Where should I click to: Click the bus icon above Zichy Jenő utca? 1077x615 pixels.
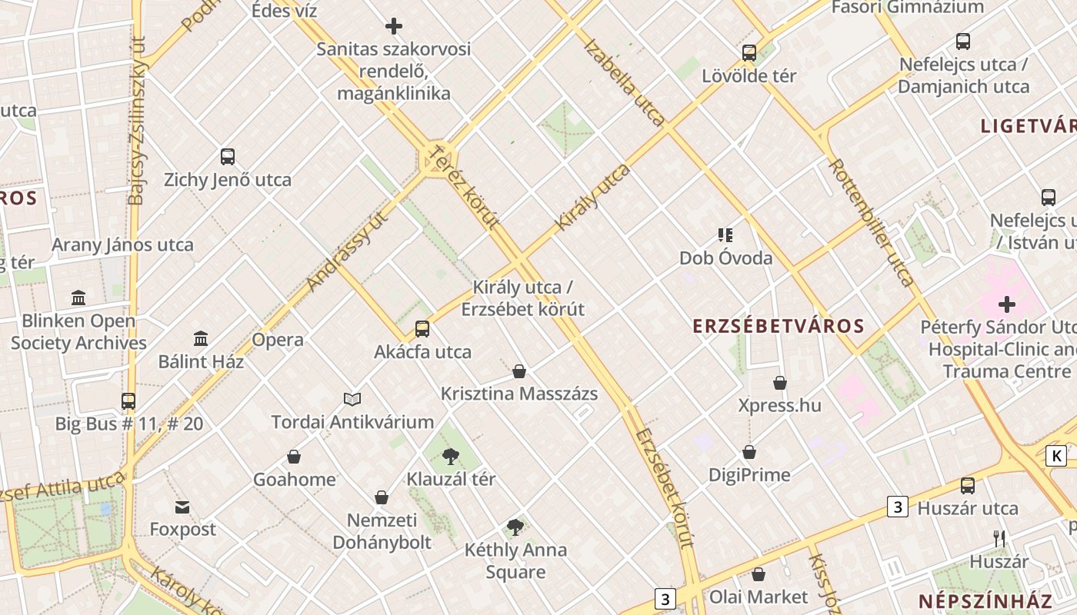pyautogui.click(x=227, y=157)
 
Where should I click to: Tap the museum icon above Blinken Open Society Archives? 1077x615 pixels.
pyautogui.click(x=78, y=298)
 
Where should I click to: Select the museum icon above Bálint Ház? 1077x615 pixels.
pyautogui.click(x=201, y=338)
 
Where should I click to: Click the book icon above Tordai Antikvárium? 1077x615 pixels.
pyautogui.click(x=352, y=399)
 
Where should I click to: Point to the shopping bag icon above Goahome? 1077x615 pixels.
pyautogui.click(x=294, y=457)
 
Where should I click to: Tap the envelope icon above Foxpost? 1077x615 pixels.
pyautogui.click(x=182, y=507)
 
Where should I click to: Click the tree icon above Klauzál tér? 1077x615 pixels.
pyautogui.click(x=451, y=457)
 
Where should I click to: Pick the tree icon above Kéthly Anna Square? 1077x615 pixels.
pyautogui.click(x=515, y=527)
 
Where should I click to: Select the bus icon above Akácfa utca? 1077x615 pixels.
pyautogui.click(x=422, y=329)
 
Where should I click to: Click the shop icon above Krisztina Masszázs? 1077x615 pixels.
pyautogui.click(x=519, y=371)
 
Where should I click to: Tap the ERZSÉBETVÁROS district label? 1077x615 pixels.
pyautogui.click(x=779, y=326)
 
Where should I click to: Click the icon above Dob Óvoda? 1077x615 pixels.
pyautogui.click(x=725, y=234)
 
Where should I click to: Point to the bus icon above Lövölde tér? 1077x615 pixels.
pyautogui.click(x=749, y=53)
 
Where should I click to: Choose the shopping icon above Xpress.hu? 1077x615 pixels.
pyautogui.click(x=780, y=382)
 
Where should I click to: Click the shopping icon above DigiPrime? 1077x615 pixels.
pyautogui.click(x=749, y=452)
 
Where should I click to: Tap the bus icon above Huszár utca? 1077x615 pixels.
pyautogui.click(x=968, y=486)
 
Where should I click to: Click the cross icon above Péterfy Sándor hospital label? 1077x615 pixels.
pyautogui.click(x=1007, y=304)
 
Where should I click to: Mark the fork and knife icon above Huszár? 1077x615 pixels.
pyautogui.click(x=999, y=538)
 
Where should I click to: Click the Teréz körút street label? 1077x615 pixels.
pyautogui.click(x=467, y=188)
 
